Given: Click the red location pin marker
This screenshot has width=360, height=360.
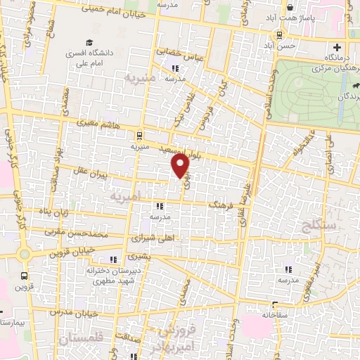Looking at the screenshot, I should pyautogui.click(x=181, y=165).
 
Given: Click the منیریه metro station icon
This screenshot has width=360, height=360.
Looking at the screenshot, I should pyautogui.click(x=139, y=135).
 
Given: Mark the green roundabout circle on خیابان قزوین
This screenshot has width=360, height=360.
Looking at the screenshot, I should pyautogui.click(x=25, y=253).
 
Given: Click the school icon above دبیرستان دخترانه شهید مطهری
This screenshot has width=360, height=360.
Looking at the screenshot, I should pyautogui.click(x=113, y=260).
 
